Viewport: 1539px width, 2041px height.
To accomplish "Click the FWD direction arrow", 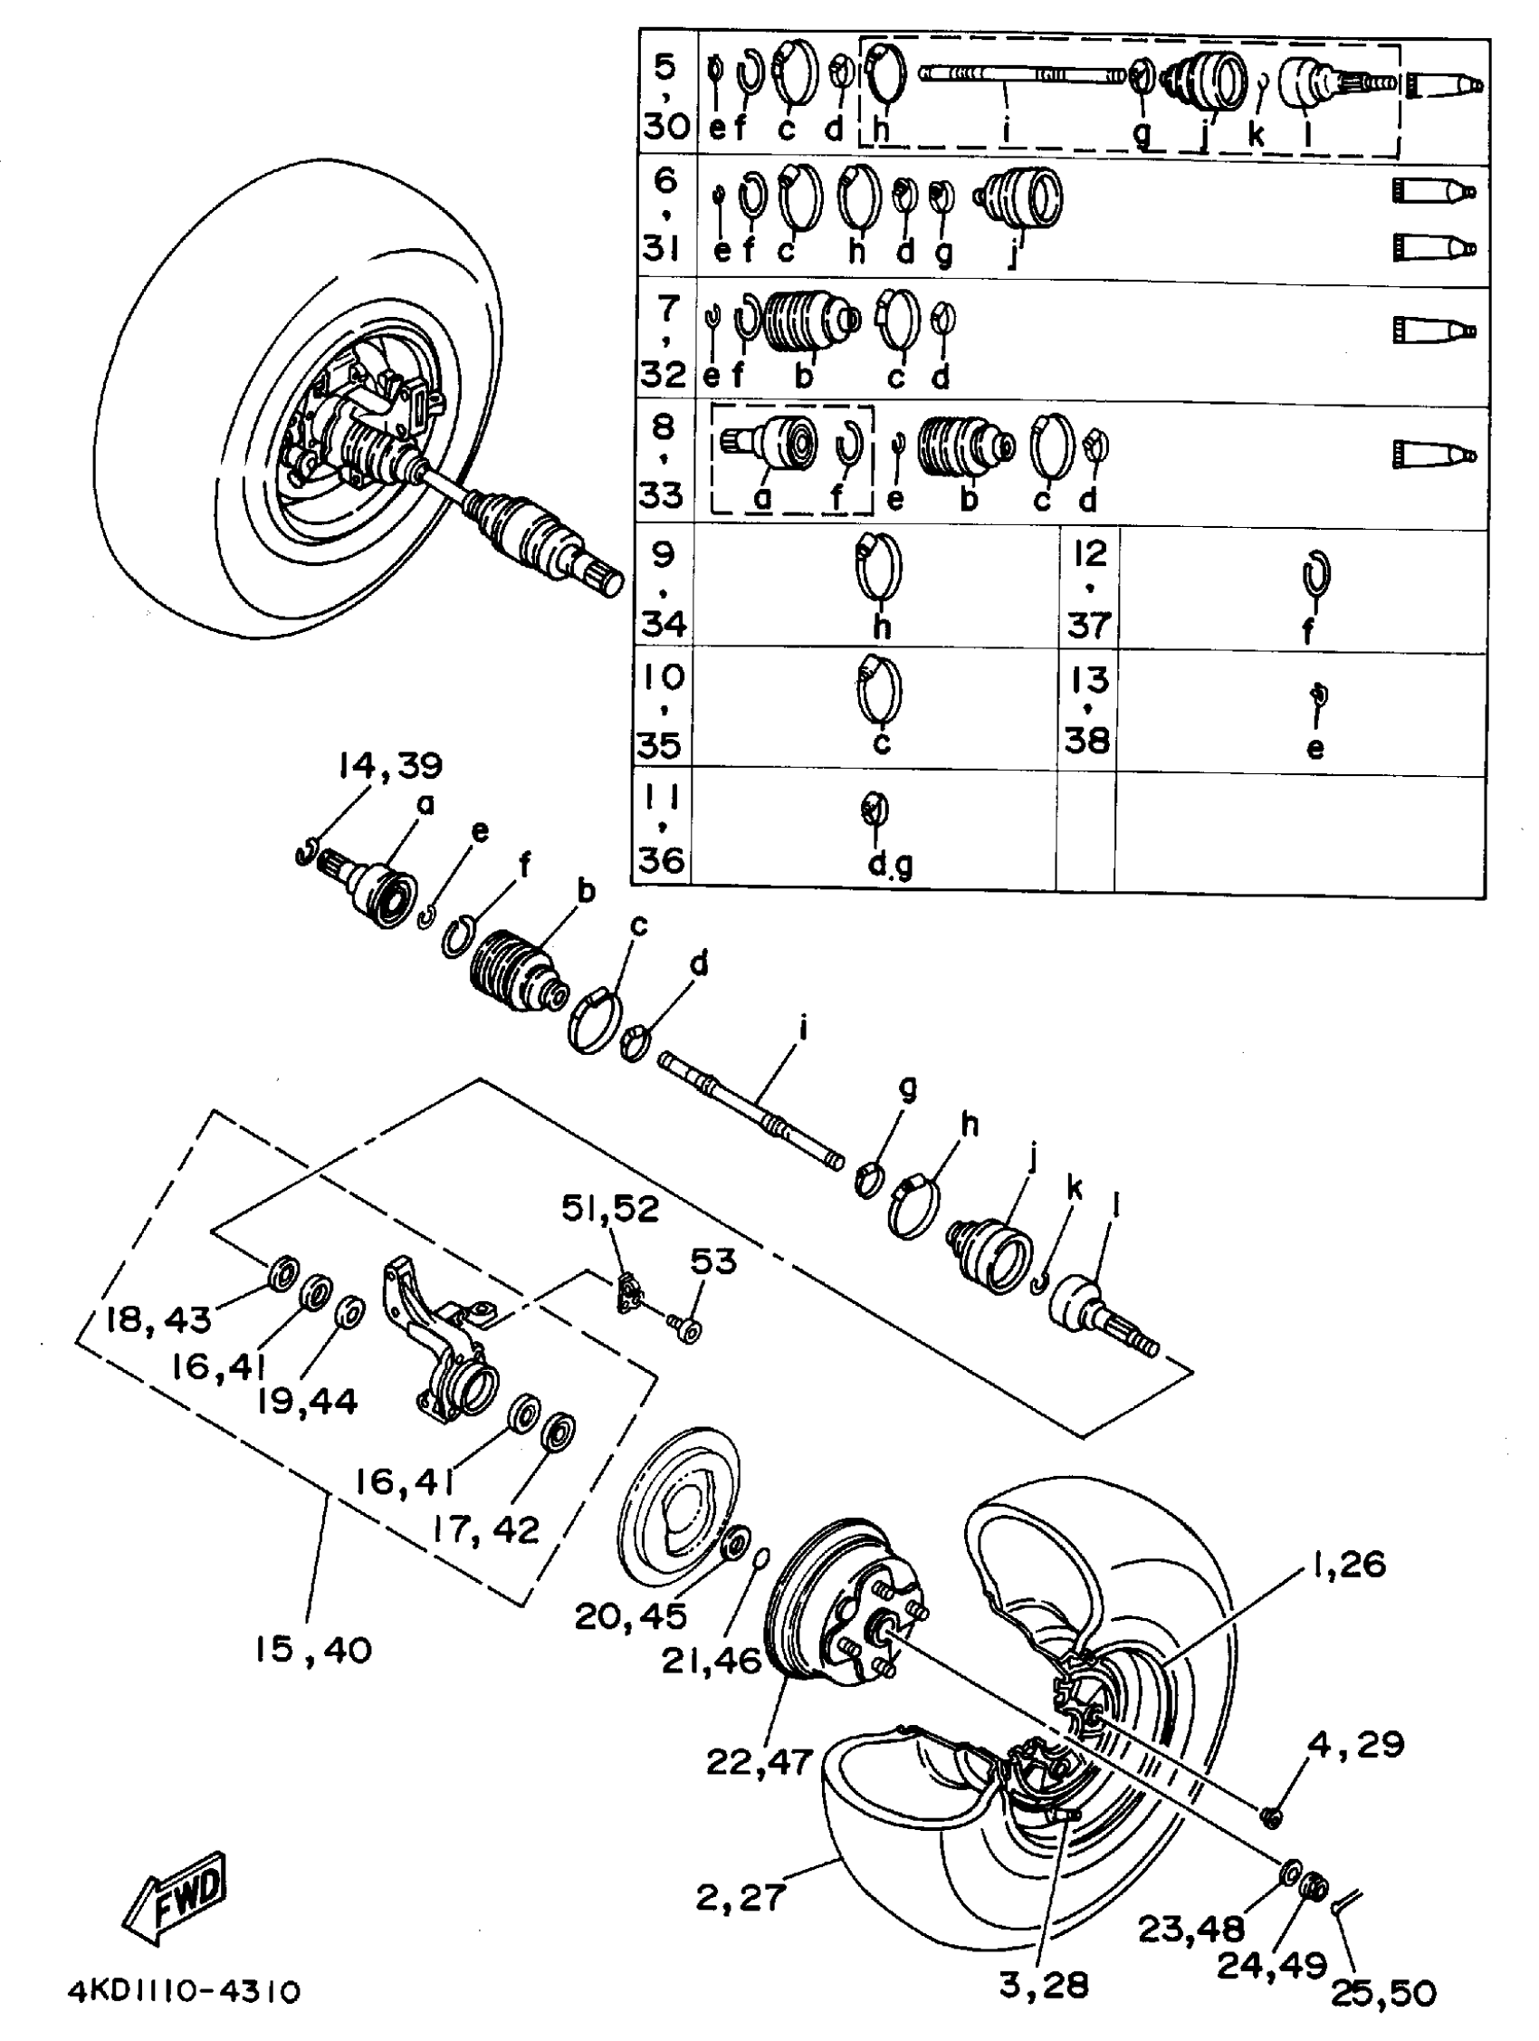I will [x=177, y=1896].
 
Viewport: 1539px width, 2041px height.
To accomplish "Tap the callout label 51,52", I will [x=610, y=1210].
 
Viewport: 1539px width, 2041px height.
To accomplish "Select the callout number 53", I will [x=713, y=1261].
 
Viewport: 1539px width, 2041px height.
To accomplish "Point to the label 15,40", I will [x=313, y=1650].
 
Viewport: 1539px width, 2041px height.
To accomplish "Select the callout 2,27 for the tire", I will [x=740, y=1898].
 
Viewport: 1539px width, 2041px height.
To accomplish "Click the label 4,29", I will [x=1355, y=1745].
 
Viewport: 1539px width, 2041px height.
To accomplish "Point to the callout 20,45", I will [x=630, y=1615].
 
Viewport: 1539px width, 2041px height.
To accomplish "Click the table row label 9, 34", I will [x=664, y=589].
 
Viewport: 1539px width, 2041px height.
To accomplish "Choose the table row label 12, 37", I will [x=1089, y=589].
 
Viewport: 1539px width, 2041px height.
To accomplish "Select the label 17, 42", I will [x=485, y=1528].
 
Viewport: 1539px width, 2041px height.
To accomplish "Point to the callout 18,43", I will [x=158, y=1320].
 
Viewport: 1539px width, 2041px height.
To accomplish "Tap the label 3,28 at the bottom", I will [x=1044, y=1985].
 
